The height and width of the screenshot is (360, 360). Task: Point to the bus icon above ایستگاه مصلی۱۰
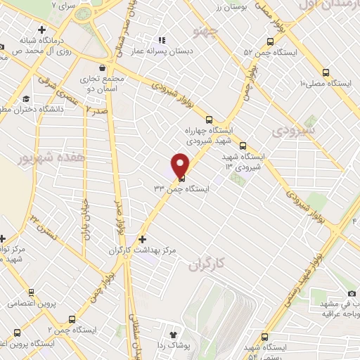point(326,72)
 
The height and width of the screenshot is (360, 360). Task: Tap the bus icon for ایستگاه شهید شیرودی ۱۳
point(243,148)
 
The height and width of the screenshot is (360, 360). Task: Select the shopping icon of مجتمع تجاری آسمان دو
point(103,68)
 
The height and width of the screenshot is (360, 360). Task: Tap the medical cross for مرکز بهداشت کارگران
point(144,239)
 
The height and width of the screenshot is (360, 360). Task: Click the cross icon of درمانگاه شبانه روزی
point(44,30)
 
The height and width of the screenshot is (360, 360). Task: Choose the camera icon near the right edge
point(352,292)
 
